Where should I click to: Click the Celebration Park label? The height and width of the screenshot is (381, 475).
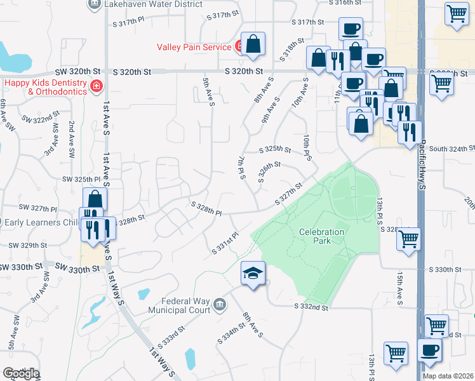(322, 236)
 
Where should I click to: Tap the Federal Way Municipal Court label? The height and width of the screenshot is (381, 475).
(178, 306)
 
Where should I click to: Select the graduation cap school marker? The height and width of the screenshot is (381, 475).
(252, 274)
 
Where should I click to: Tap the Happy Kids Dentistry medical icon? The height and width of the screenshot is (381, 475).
(97, 86)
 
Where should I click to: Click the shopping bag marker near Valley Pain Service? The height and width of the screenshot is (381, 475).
(253, 44)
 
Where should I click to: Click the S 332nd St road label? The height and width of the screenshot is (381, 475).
(312, 307)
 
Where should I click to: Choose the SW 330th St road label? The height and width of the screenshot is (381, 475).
(78, 269)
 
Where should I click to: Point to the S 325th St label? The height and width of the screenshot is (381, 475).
(275, 150)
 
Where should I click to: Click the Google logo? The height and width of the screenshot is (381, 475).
(21, 373)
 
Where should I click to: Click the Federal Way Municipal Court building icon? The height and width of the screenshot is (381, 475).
(220, 305)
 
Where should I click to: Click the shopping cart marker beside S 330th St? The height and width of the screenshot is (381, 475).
(408, 239)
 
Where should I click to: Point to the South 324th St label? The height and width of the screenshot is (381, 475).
(452, 149)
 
